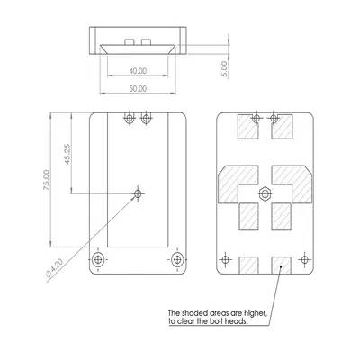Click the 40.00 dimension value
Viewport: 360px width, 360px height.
click(137, 70)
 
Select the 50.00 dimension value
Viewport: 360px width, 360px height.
click(137, 90)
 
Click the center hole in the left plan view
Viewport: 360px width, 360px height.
click(138, 193)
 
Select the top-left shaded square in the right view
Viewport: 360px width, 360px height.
click(246, 129)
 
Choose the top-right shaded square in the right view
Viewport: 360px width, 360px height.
click(282, 129)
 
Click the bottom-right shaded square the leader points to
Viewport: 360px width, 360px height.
click(282, 264)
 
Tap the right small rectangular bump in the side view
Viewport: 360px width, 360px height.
click(146, 41)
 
